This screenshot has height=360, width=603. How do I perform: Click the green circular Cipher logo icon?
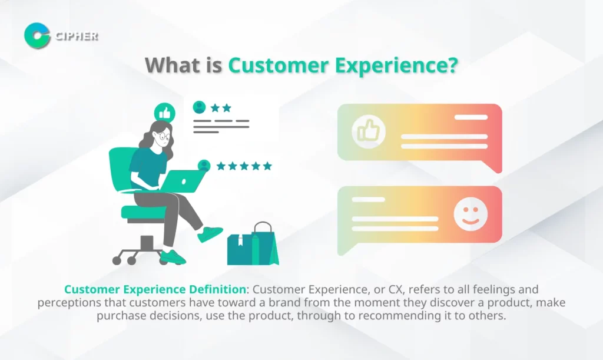[37, 36]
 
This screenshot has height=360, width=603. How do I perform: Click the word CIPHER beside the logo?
[77, 36]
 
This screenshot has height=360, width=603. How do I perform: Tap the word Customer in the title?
[278, 65]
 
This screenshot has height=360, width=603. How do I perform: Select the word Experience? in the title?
[396, 66]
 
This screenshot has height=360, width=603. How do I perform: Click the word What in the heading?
[172, 65]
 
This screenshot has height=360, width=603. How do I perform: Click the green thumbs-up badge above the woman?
[165, 113]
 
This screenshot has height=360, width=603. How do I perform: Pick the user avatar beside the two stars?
[199, 107]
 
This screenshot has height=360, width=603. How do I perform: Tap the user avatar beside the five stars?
[204, 166]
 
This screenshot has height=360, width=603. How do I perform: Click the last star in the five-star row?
[267, 166]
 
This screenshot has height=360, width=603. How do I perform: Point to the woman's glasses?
[163, 136]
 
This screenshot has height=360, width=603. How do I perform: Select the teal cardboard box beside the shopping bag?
[240, 250]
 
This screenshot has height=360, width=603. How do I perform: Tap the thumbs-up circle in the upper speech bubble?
[369, 131]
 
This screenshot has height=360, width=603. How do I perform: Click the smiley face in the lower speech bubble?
[471, 214]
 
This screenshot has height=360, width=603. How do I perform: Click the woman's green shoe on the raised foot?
[210, 234]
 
